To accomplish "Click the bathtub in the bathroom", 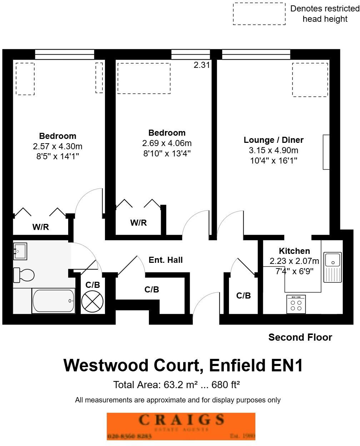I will tap(54, 301).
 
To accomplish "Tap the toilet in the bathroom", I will tap(24, 275).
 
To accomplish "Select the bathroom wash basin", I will tap(20, 251).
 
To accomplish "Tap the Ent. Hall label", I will tap(165, 260).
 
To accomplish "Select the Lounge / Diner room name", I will tap(274, 140).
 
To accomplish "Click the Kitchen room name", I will tap(294, 251).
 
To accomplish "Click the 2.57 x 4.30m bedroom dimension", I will tap(57, 146).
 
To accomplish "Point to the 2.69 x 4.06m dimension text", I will tap(167, 143).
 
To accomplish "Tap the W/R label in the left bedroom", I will tap(41, 227).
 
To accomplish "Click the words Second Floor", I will tap(300, 337).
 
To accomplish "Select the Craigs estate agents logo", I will tap(181, 426).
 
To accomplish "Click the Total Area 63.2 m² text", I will tap(176, 385).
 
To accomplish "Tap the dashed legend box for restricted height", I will tap(259, 14).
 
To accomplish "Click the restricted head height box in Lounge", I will tap(310, 80).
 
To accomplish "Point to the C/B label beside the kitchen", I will tap(244, 296).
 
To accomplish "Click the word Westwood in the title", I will tap(106, 366).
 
